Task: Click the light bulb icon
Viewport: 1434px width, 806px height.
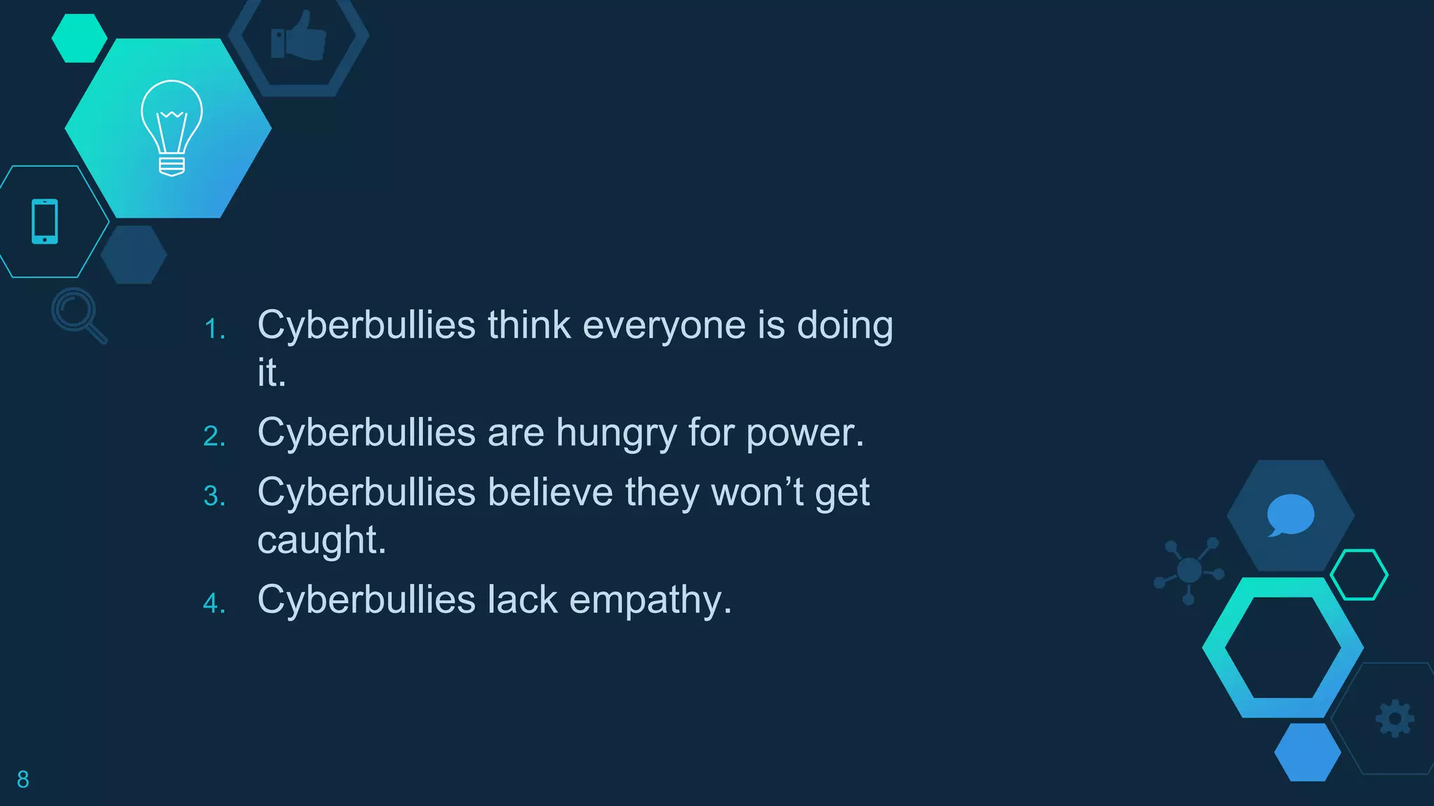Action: pos(172,127)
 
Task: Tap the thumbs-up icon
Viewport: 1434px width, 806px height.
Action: pos(299,36)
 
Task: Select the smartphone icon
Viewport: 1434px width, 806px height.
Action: pos(45,222)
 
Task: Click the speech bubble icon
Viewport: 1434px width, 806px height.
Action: pos(1290,515)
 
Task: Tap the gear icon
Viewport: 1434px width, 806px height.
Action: pos(1395,719)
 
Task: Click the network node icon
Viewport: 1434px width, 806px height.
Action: pos(1189,570)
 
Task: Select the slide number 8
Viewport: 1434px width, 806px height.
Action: pos(23,779)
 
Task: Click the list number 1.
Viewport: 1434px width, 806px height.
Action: pos(214,330)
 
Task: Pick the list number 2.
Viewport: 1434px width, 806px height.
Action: pos(214,437)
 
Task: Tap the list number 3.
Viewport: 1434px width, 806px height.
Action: pos(214,497)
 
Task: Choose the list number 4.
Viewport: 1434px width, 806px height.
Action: pos(214,604)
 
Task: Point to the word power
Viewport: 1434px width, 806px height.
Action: pos(805,434)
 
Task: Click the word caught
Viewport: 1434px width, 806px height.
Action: pos(321,541)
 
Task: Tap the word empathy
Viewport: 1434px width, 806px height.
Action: pos(650,601)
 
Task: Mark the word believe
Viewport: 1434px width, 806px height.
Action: pos(550,492)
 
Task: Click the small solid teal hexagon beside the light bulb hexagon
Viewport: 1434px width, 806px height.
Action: pos(79,38)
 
